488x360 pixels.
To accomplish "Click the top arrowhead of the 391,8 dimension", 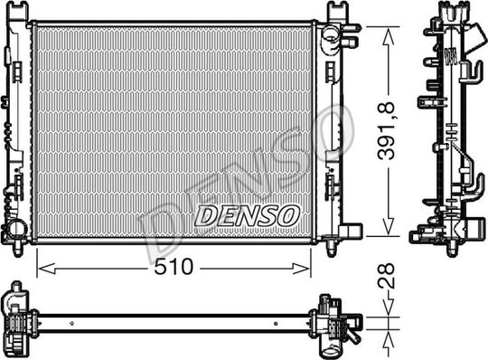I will [x=387, y=30].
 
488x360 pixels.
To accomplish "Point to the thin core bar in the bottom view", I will [x=172, y=320].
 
